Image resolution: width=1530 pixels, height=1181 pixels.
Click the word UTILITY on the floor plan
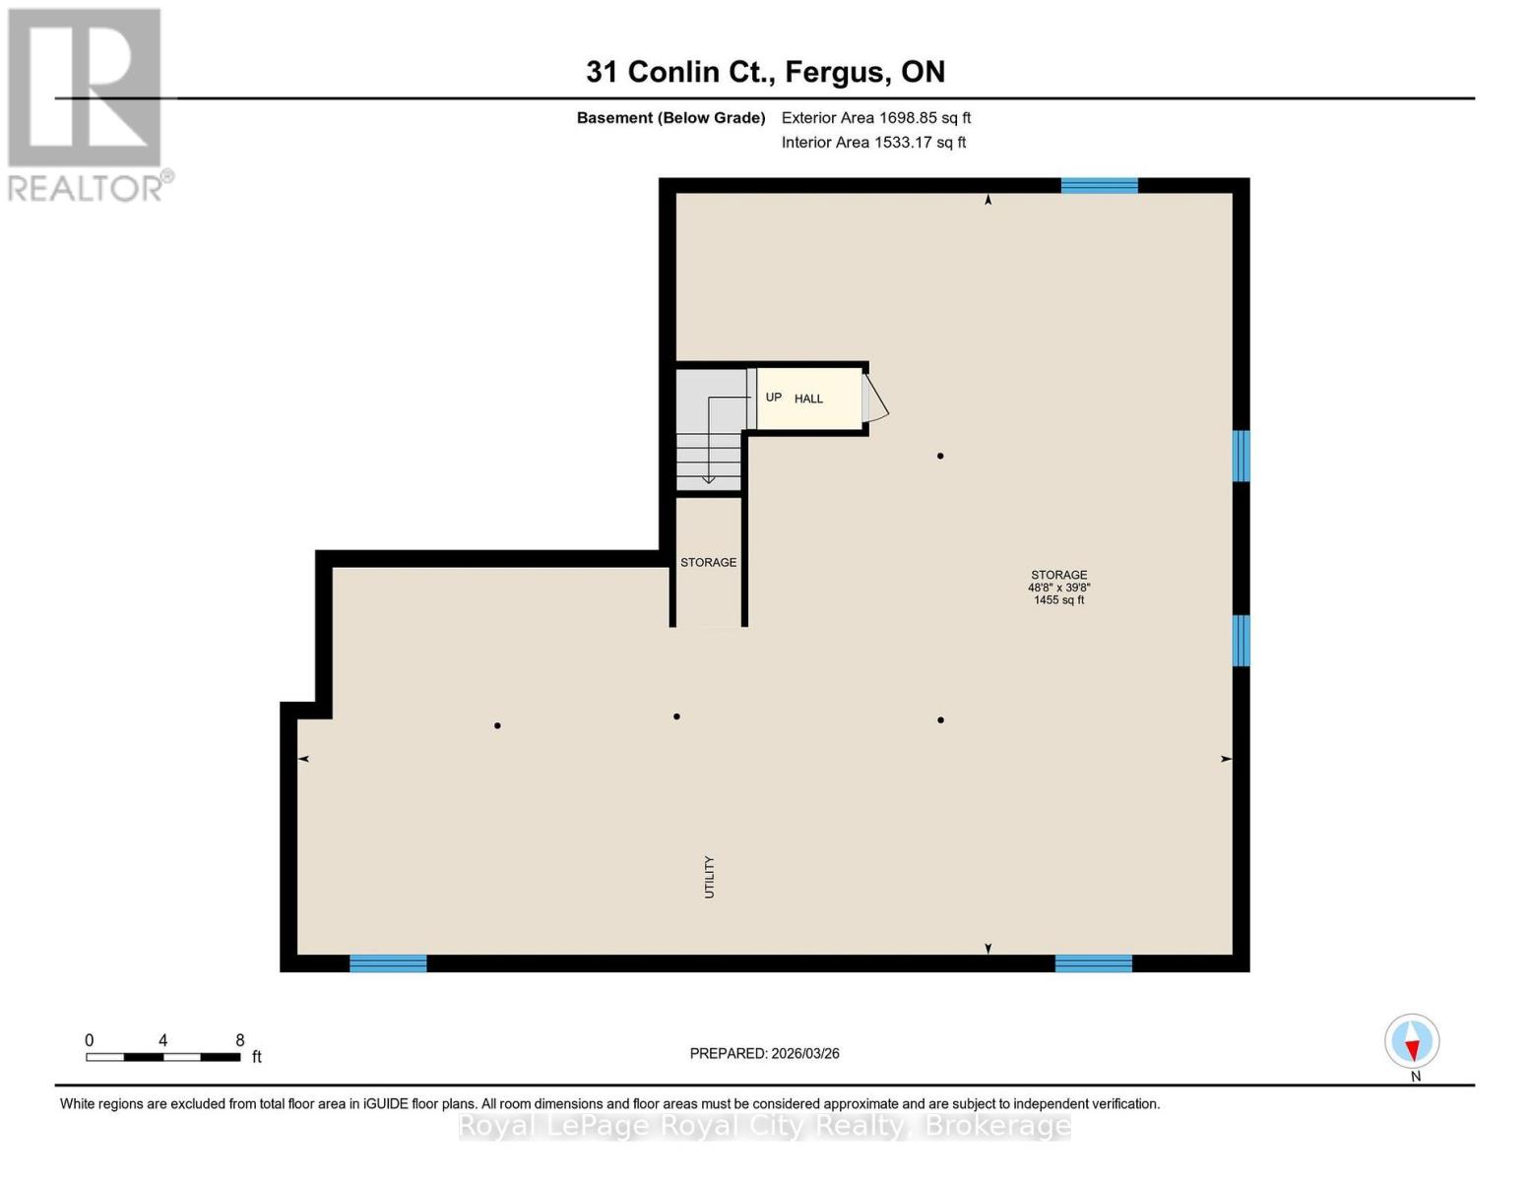click(709, 877)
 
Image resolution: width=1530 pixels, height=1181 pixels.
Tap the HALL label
click(808, 399)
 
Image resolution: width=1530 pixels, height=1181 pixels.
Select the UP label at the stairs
click(774, 398)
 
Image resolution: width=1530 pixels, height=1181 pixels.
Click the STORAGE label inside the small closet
click(708, 563)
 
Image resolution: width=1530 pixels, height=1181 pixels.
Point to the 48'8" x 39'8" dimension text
click(1058, 588)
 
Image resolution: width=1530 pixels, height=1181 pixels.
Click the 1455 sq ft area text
click(1058, 600)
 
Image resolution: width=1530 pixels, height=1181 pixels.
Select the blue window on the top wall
click(1099, 185)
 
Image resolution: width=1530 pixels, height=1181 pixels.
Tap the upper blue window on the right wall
click(1242, 456)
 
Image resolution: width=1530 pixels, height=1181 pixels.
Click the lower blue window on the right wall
click(1242, 641)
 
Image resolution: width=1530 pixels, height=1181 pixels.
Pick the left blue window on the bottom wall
click(388, 963)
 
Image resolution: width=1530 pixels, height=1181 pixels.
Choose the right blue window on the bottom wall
click(1093, 963)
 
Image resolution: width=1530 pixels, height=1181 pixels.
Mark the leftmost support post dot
click(497, 726)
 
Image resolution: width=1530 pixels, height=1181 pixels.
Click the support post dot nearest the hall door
click(940, 456)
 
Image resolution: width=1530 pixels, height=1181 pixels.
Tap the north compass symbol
click(1412, 1041)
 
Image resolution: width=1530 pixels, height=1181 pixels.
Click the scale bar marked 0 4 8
click(163, 1057)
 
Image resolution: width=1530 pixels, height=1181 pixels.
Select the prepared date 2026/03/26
click(764, 1054)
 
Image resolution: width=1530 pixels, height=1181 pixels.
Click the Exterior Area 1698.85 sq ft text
click(876, 118)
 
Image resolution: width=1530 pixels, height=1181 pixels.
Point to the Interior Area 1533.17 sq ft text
click(873, 143)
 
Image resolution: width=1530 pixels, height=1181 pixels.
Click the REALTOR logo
click(88, 104)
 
